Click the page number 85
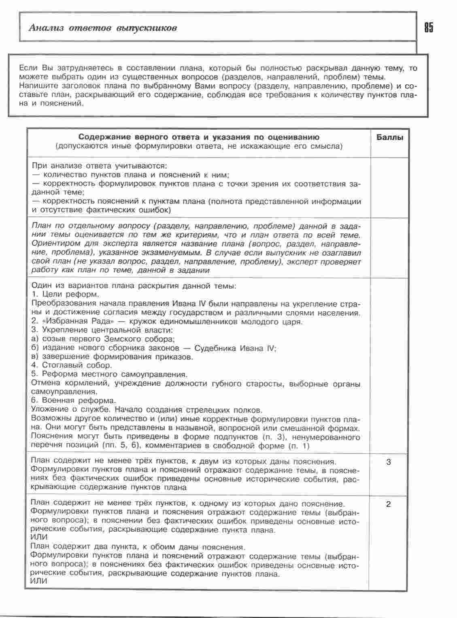click(x=429, y=28)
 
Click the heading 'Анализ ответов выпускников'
click(x=103, y=28)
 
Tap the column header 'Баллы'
click(x=390, y=137)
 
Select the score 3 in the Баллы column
click(x=389, y=462)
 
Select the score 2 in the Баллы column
click(x=389, y=505)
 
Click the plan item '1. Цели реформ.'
click(x=65, y=295)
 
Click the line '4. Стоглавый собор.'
click(x=71, y=366)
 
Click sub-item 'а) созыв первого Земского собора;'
click(x=103, y=339)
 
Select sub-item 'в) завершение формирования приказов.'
click(x=112, y=357)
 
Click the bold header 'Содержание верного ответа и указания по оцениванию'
click(x=198, y=137)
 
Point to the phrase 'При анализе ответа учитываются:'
click(x=99, y=166)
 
